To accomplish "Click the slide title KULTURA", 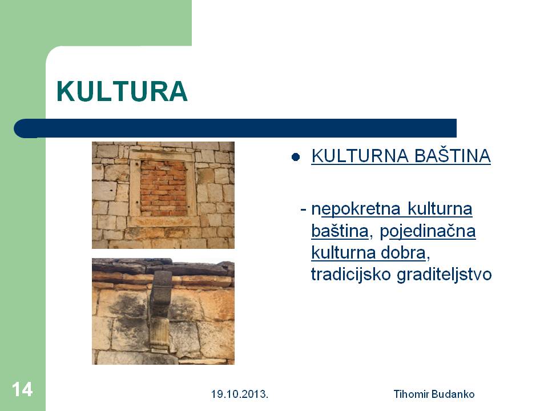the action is point(122,91).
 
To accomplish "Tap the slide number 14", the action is point(22,389).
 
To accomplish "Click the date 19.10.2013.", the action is point(239,394).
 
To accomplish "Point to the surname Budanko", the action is point(453,394).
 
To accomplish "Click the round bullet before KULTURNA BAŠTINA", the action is point(296,157).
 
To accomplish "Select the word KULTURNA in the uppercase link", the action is point(360,155).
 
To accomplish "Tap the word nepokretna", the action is point(356,209).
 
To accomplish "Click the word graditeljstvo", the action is point(444,275).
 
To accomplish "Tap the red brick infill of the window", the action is point(164,188).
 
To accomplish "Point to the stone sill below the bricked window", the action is point(163,221).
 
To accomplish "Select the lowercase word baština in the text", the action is point(340,231).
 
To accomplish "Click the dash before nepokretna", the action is point(303,209).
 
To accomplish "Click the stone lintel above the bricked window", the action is point(162,155).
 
